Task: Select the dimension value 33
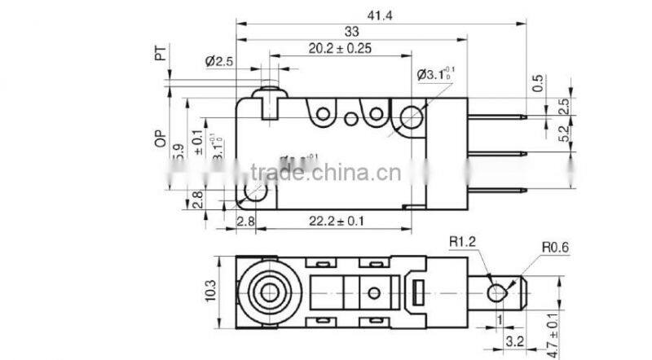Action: coord(351,32)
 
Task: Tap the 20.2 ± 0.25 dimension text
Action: coord(340,48)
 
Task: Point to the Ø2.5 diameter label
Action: coord(219,60)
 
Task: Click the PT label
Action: coord(161,54)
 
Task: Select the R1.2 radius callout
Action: coord(462,241)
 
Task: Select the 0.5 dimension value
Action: coord(538,82)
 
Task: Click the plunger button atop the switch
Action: coord(268,96)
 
